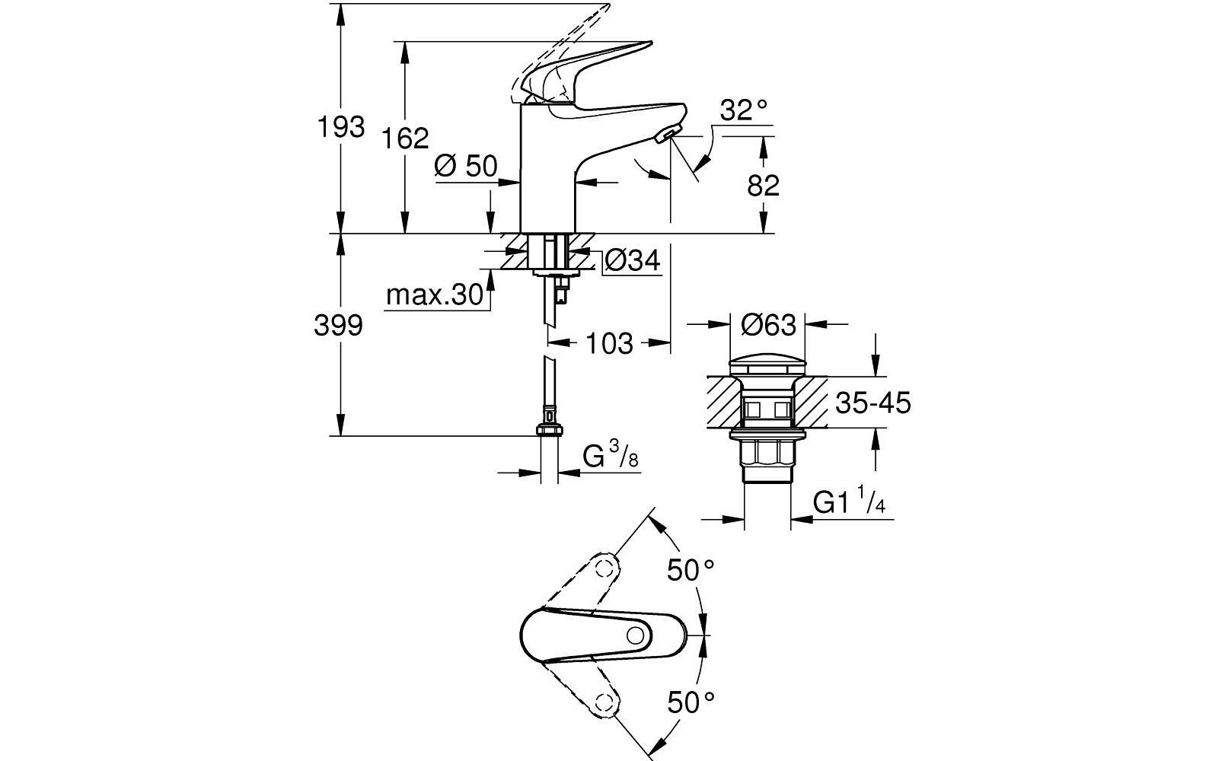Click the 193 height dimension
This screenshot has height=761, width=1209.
pyautogui.click(x=341, y=127)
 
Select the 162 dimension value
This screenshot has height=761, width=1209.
pyautogui.click(x=405, y=138)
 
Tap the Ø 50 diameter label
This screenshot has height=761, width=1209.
pyautogui.click(x=466, y=166)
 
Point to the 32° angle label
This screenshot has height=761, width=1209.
pyautogui.click(x=743, y=110)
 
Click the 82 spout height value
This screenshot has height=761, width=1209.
pyautogui.click(x=763, y=186)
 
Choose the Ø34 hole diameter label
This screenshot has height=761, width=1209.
pyautogui.click(x=633, y=260)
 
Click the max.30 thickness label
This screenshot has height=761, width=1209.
pyautogui.click(x=435, y=295)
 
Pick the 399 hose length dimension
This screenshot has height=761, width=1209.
pyautogui.click(x=338, y=326)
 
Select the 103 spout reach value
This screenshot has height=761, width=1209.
pyautogui.click(x=609, y=343)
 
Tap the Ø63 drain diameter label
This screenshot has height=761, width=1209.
pyautogui.click(x=769, y=325)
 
